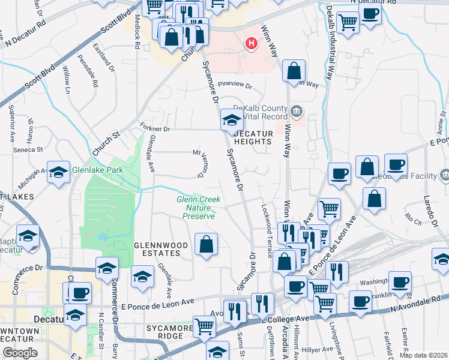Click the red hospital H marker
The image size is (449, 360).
click(x=252, y=43)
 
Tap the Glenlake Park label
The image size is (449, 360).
click(x=97, y=170)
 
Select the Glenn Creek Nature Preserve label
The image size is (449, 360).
click(x=198, y=208)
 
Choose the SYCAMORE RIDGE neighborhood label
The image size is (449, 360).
click(x=165, y=332)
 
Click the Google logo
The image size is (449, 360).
click(x=20, y=353)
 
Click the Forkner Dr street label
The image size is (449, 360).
click(x=155, y=128)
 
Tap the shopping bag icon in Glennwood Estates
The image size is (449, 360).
click(x=206, y=244)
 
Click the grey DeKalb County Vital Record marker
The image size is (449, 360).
click(x=297, y=111)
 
